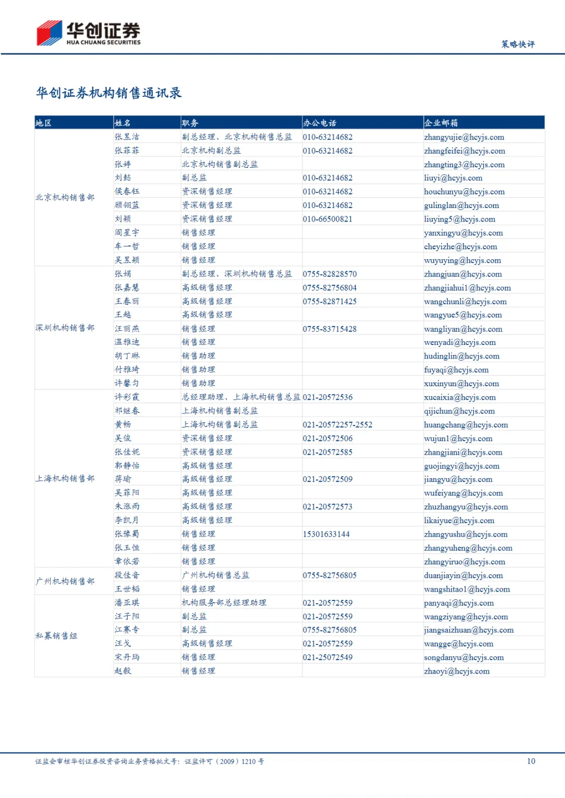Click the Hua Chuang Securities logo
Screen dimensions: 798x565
88,33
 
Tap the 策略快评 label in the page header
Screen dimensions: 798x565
517,44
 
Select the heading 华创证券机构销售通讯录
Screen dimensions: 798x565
108,93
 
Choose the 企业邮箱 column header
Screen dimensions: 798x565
440,123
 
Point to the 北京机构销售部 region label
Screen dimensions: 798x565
65,198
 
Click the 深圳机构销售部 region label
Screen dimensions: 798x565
65,328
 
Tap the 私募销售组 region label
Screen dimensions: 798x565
56,636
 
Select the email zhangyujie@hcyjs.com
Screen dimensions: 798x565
464,137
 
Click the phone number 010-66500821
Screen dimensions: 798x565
327,219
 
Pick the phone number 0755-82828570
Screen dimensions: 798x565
330,274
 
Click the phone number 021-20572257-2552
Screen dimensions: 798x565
337,424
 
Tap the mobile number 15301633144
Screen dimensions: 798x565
326,534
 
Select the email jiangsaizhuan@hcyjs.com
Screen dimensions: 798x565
469,630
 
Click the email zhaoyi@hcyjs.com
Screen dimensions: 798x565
457,671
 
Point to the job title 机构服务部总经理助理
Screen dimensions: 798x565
224,603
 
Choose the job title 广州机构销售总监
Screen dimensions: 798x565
216,575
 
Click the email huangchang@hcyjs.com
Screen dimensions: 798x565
466,424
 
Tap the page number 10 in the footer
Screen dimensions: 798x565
531,761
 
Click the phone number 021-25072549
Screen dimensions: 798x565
327,657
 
